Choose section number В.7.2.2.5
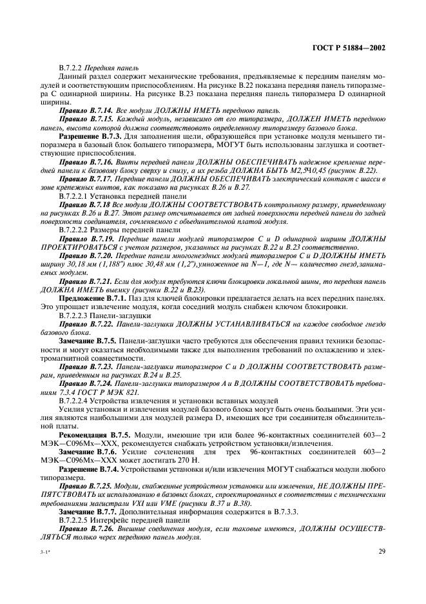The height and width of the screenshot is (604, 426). point(75,518)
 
